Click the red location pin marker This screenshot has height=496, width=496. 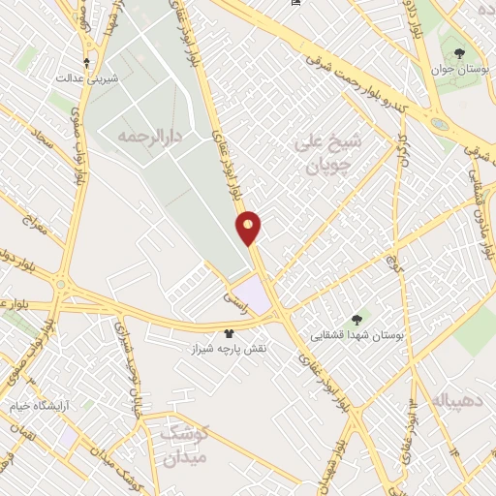249,227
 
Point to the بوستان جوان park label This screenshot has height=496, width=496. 463,72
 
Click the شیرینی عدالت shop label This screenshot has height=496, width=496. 86,77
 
